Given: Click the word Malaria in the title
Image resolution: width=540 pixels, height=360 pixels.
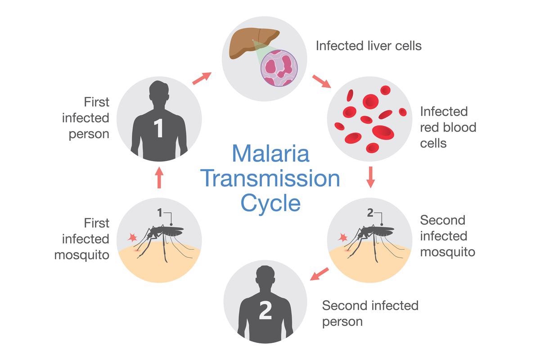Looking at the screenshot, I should click(x=271, y=153).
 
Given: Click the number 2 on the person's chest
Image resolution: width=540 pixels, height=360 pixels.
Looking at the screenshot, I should click(x=265, y=311).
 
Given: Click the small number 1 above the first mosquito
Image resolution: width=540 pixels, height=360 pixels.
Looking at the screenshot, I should click(x=159, y=212).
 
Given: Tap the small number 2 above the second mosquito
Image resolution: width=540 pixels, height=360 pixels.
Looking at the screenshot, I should click(x=370, y=212).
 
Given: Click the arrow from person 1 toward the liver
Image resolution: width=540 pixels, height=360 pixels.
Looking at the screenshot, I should click(x=202, y=78).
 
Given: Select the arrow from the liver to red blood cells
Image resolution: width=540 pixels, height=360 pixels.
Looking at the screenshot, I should click(x=321, y=81).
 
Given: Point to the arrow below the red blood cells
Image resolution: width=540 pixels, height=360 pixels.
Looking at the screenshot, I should click(x=371, y=177).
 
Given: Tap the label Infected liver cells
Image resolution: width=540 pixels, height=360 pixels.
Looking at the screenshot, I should click(x=369, y=45).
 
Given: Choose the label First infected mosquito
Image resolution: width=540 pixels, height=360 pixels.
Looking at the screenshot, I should click(x=82, y=239).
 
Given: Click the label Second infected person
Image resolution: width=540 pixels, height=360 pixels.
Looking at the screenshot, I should click(x=370, y=313).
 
